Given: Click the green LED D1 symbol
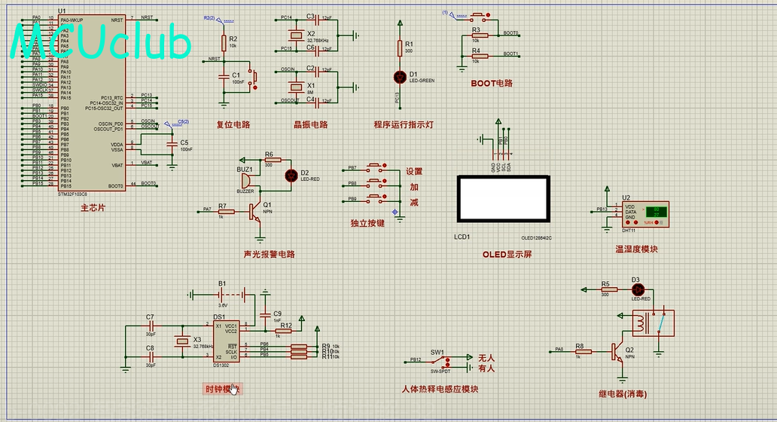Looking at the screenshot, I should click(x=399, y=77).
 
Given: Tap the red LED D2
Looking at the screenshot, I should click(x=291, y=175).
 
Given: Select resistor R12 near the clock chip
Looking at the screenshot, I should click(x=285, y=330).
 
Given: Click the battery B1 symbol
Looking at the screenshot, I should click(x=222, y=294).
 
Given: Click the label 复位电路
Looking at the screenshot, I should click(x=233, y=125).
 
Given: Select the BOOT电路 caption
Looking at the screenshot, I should click(x=492, y=84).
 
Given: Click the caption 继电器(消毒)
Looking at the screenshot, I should click(x=623, y=394).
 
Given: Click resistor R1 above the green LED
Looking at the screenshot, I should click(x=399, y=49).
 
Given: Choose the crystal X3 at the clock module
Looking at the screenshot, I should click(x=181, y=341).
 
